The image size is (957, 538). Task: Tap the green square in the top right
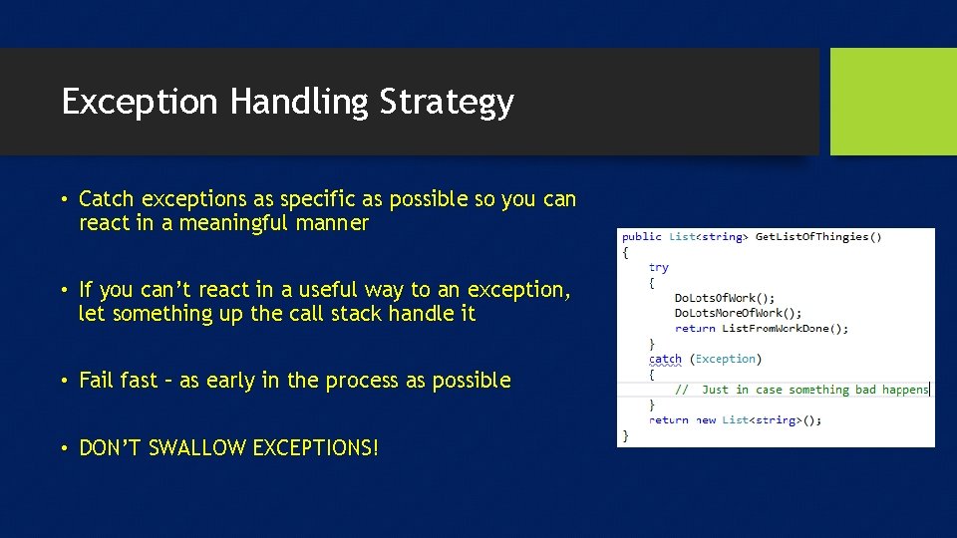(892, 102)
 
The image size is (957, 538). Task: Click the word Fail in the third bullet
(97, 381)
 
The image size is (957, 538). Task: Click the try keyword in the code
(658, 267)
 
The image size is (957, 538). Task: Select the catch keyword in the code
(665, 359)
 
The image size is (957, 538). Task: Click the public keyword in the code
(641, 237)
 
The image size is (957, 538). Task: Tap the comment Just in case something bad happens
(814, 390)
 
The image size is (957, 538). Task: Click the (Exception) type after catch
(725, 359)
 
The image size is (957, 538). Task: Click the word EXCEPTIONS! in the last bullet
(316, 448)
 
